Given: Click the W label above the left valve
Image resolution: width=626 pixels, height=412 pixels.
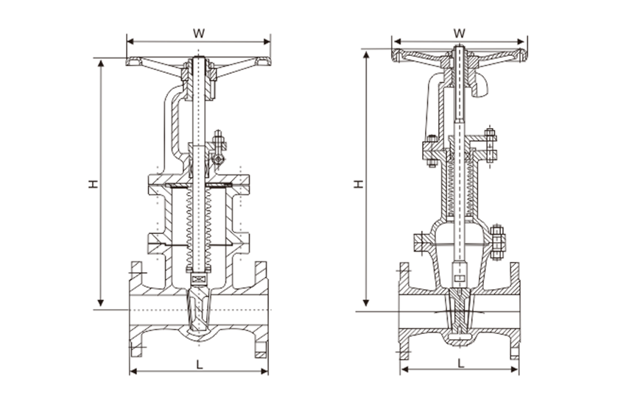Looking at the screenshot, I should point(198,33).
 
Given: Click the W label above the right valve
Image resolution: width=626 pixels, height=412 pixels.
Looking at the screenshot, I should point(460,32).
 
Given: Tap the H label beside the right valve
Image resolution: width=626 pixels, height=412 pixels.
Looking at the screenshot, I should point(359,183).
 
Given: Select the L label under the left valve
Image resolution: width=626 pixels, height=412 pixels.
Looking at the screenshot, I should point(199,363).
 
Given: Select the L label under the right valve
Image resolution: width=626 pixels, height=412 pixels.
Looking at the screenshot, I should point(460,363).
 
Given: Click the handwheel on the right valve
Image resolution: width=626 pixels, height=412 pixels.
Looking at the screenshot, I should point(420,55).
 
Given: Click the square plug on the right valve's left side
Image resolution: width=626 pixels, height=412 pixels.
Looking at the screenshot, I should point(420,243).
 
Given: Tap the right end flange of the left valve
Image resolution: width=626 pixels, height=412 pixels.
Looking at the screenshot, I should point(262,309).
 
